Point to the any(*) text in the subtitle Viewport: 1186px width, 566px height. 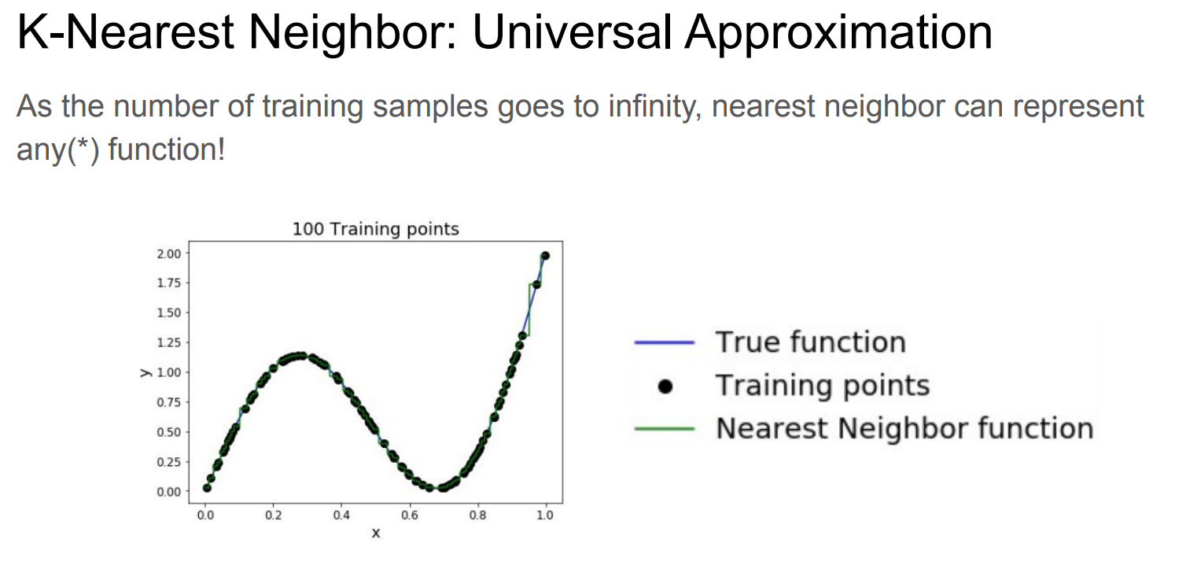coord(57,150)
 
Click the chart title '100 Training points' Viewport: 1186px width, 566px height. coord(375,229)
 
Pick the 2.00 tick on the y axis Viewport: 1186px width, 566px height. coord(169,253)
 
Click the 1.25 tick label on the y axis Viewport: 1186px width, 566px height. coord(169,343)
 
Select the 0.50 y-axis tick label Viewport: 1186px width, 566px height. coord(169,432)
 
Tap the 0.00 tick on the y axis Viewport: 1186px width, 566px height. coord(169,492)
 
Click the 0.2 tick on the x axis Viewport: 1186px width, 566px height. coord(273,515)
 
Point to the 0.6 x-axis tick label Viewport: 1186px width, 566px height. coord(409,515)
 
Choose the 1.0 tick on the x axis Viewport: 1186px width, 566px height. coord(545,515)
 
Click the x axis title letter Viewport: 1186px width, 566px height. coord(376,533)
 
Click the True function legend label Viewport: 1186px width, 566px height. coord(811,342)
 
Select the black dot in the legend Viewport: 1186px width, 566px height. coord(665,387)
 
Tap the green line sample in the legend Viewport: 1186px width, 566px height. coord(665,429)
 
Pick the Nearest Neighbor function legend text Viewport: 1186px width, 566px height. coord(905,428)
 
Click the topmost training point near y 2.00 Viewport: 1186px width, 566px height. coord(545,256)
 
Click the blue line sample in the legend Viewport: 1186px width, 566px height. coord(665,343)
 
